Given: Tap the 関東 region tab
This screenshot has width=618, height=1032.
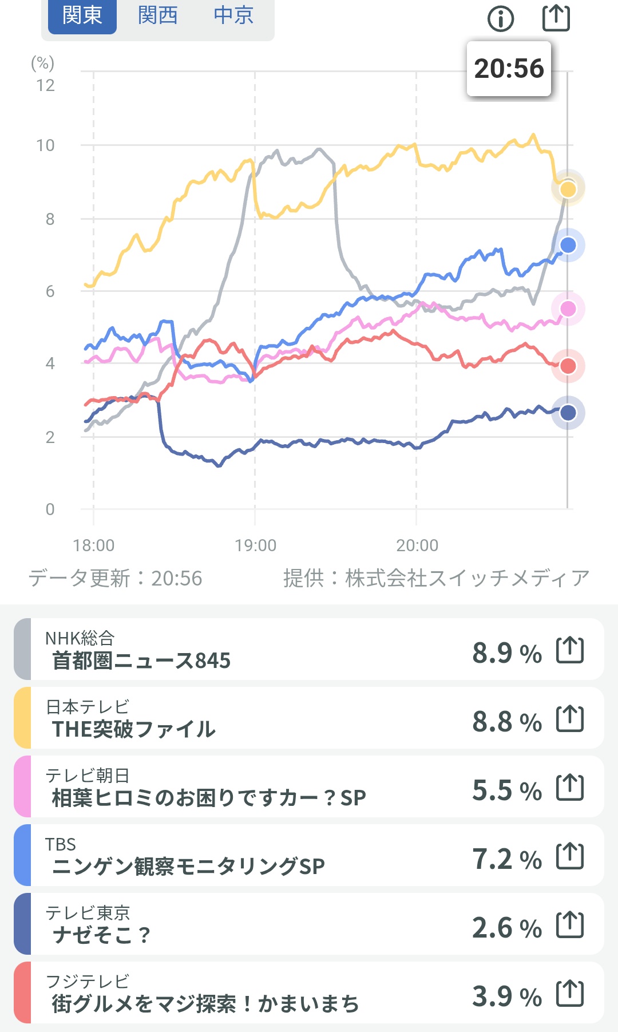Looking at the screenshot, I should (82, 15).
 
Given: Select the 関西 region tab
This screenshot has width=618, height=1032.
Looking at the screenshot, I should (157, 15).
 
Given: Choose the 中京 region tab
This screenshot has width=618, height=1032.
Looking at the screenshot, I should (233, 15).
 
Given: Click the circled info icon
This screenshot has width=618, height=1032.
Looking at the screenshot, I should (501, 19).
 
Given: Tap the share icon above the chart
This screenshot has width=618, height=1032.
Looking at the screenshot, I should (556, 18).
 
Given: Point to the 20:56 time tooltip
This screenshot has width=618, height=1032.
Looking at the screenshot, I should (509, 69).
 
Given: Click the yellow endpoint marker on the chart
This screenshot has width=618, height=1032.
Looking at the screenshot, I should (568, 189).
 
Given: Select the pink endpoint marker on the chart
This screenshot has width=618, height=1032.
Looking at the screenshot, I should (568, 309).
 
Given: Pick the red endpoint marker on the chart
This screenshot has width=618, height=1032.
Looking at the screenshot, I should (568, 366).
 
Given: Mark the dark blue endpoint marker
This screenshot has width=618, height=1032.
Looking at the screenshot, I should (568, 412).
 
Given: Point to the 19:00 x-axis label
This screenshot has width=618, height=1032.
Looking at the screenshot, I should (255, 545).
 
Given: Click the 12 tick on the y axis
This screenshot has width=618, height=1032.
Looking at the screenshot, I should (45, 86).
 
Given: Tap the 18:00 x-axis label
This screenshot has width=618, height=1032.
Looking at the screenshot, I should (94, 545).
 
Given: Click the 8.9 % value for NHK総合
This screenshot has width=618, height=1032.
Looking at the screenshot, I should (506, 653).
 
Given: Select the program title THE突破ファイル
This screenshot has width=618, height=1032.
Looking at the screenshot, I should (133, 729).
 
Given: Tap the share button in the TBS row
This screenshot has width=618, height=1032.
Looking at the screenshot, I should (570, 856).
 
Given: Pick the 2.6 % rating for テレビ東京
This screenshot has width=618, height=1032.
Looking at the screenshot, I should (506, 927).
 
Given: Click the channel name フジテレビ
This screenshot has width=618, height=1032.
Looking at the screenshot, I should (88, 981).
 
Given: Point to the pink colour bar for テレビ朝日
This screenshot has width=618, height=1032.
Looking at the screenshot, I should (22, 786).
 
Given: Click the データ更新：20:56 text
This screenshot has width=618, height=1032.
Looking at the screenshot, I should (116, 578).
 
